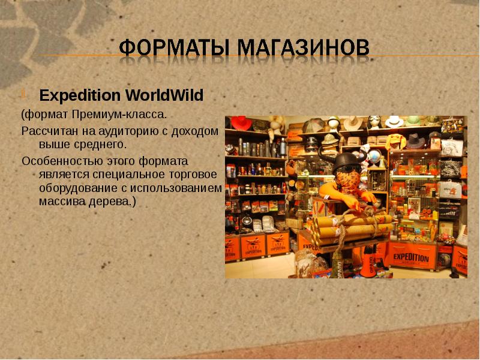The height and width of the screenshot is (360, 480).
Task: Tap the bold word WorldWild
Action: (x=164, y=95)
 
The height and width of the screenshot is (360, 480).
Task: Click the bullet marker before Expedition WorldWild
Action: (x=24, y=95)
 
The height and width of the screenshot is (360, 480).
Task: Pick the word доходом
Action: (x=196, y=130)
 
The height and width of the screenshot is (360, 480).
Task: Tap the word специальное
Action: (x=125, y=175)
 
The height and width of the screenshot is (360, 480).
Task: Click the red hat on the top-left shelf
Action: (x=241, y=122)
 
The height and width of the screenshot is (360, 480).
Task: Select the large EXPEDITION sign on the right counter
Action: (x=411, y=258)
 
